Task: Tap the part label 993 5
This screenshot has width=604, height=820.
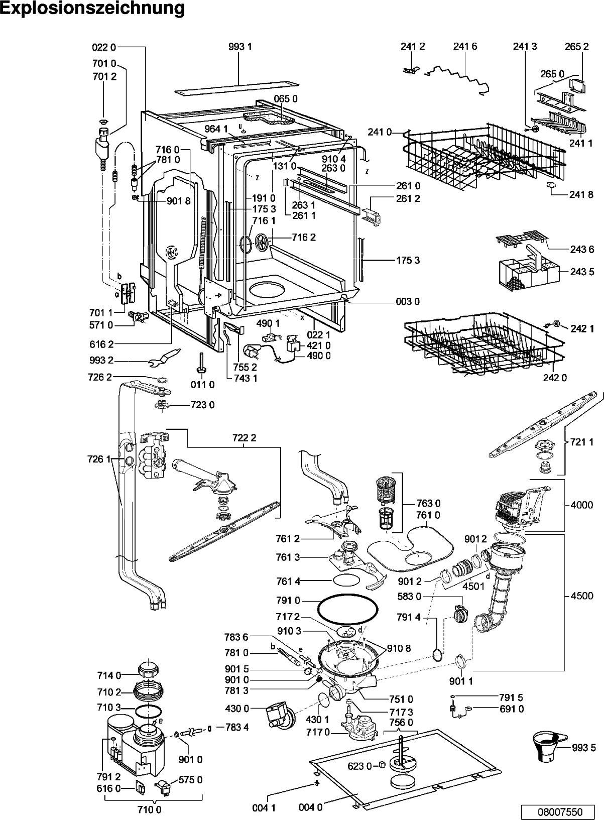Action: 584,748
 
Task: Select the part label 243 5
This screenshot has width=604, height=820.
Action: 582,272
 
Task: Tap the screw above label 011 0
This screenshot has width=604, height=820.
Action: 201,363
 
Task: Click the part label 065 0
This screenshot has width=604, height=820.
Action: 286,99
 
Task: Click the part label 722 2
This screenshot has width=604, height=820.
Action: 244,438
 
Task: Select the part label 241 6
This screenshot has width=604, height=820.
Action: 465,46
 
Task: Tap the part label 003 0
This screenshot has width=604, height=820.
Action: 408,302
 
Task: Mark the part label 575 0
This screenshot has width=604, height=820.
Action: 190,780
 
